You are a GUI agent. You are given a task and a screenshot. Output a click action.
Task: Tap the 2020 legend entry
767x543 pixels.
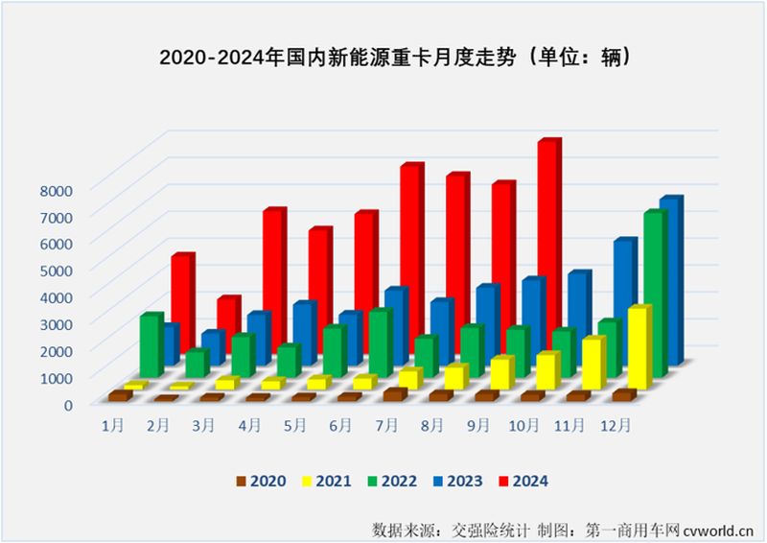tap(262, 481)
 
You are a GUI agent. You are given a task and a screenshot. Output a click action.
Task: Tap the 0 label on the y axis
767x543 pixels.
tap(68, 405)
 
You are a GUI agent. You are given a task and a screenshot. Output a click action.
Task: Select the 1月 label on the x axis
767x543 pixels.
tap(111, 423)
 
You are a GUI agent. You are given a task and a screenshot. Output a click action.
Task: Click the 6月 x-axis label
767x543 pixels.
tap(341, 423)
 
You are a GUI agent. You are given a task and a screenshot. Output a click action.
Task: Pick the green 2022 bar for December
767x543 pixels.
tap(653, 293)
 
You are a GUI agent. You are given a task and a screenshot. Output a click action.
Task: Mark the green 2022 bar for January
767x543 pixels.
tap(150, 345)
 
